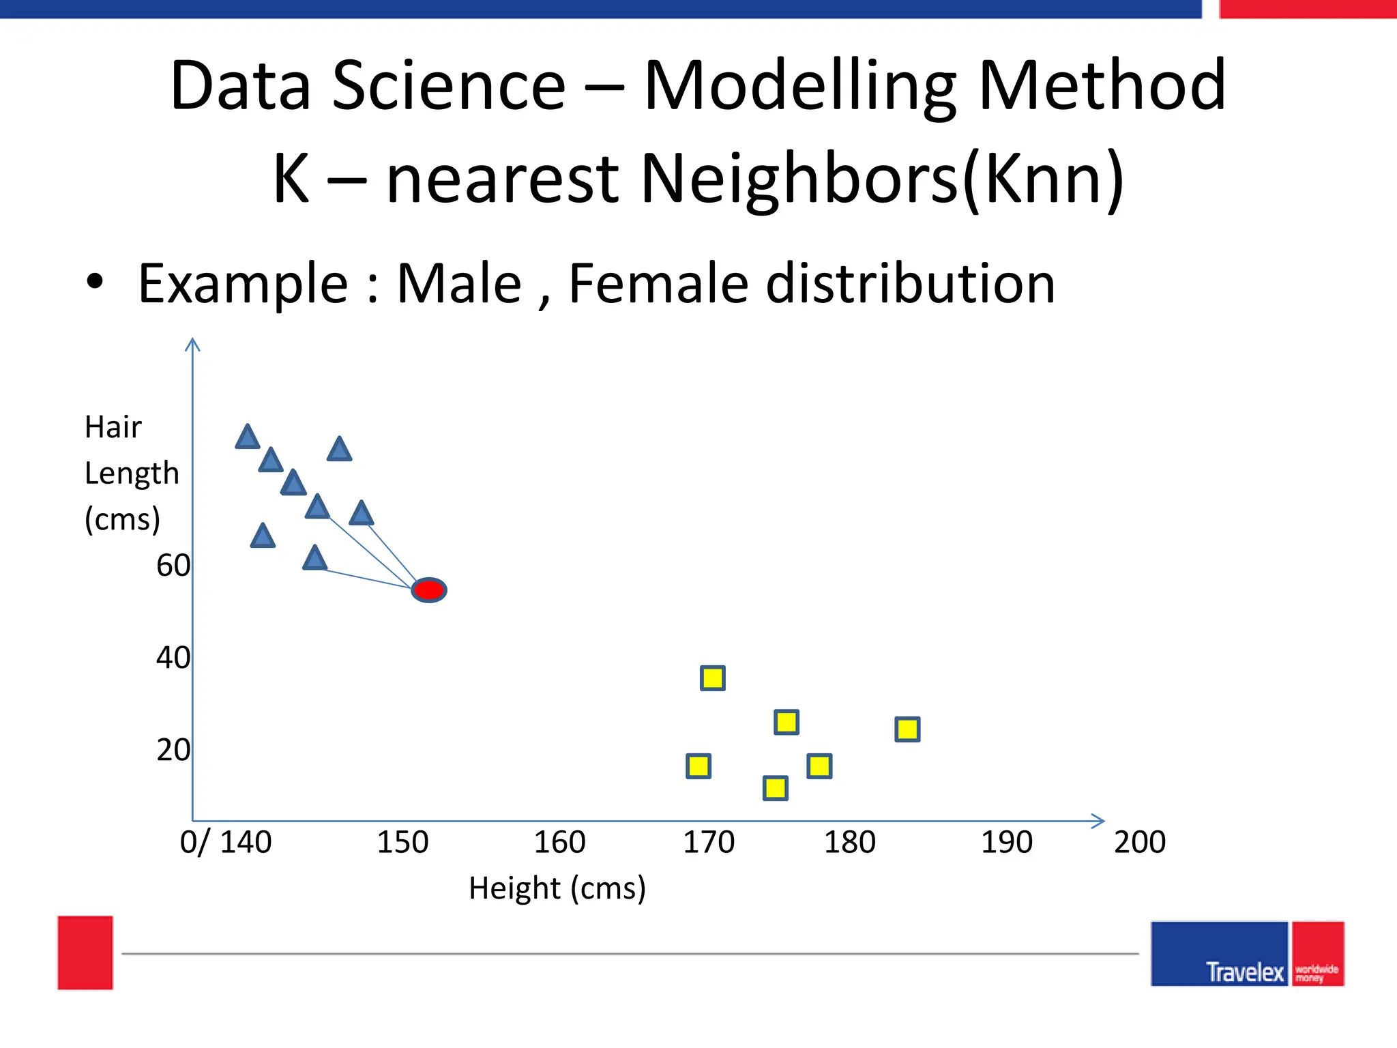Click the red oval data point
point(429,590)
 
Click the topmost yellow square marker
point(713,678)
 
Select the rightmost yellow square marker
point(907,729)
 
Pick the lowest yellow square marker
point(776,788)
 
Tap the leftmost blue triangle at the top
point(248,437)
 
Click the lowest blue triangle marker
point(314,559)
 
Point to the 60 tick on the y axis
point(173,566)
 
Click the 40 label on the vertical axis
point(173,658)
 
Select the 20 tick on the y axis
point(173,750)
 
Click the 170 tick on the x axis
point(709,843)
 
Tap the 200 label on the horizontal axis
point(1140,843)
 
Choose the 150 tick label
point(402,843)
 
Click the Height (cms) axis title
point(557,888)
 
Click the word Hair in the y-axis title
point(113,428)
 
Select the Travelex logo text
point(1245,972)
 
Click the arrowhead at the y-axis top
point(193,343)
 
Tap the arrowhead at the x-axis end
point(1098,821)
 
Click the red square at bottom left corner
point(85,952)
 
